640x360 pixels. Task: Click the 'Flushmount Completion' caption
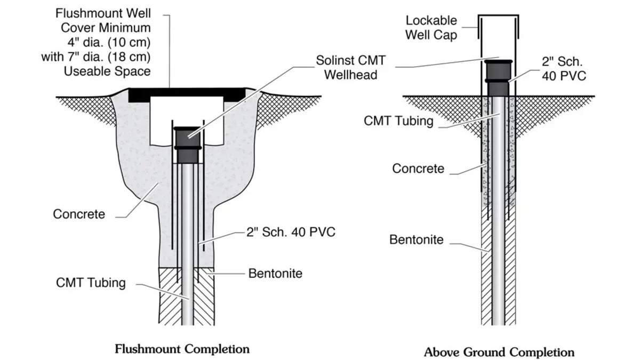[182, 349]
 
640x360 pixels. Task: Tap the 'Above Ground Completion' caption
[499, 352]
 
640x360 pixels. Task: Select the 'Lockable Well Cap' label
[431, 28]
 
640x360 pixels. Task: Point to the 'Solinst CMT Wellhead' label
[351, 68]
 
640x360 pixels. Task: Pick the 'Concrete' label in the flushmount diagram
[79, 214]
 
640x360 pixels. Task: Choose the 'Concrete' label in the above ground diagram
[418, 169]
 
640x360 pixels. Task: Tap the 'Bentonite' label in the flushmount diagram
[275, 274]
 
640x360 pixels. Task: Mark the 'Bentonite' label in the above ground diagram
[417, 239]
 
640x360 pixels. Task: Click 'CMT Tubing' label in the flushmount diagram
[91, 283]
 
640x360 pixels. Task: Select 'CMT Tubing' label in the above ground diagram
[398, 121]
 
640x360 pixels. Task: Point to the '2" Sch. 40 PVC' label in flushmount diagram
[291, 232]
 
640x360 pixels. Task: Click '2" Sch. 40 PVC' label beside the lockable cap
[564, 69]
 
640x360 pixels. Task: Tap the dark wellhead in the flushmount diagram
[187, 145]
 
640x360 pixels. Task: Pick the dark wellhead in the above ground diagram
[498, 78]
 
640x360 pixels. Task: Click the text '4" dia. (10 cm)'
[109, 43]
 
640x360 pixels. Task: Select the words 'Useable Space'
[107, 71]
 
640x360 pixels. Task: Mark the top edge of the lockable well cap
[498, 15]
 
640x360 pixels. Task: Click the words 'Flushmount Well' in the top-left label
[103, 13]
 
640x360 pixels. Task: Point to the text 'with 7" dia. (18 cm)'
[95, 57]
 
